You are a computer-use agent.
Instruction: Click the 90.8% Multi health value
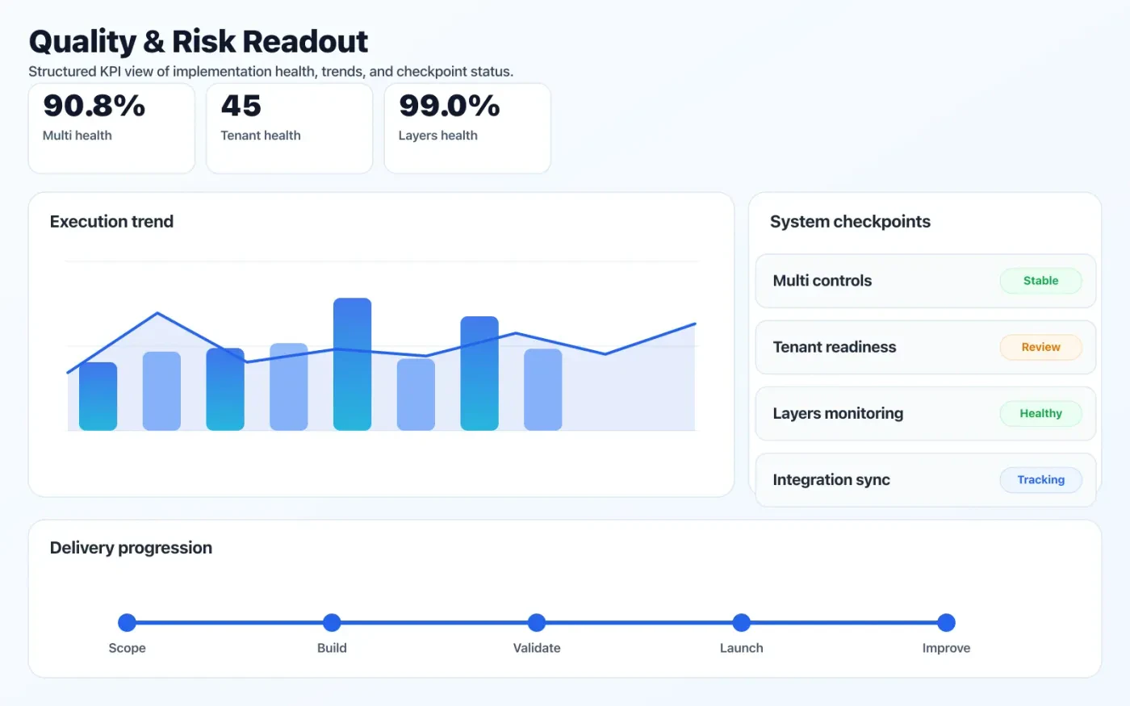click(94, 106)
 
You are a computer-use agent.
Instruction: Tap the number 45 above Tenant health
click(241, 106)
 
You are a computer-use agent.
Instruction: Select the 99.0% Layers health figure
click(450, 106)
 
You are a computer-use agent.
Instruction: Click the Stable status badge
click(1040, 281)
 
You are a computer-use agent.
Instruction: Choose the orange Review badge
click(1040, 347)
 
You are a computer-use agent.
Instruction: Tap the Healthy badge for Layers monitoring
click(1040, 413)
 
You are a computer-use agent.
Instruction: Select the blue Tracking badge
click(1040, 479)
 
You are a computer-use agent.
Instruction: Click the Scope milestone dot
click(127, 622)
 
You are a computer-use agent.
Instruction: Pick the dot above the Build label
click(332, 622)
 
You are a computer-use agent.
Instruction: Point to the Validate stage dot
click(537, 622)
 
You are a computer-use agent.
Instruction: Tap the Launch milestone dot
click(742, 622)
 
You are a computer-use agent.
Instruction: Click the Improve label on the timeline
click(946, 648)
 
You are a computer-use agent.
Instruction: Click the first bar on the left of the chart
click(98, 396)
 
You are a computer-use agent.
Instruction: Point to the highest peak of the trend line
click(157, 313)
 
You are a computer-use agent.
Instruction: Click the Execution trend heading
click(111, 222)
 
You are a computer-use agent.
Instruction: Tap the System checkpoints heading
click(850, 222)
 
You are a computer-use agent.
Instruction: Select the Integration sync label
click(831, 480)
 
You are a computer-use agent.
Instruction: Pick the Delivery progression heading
click(131, 548)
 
